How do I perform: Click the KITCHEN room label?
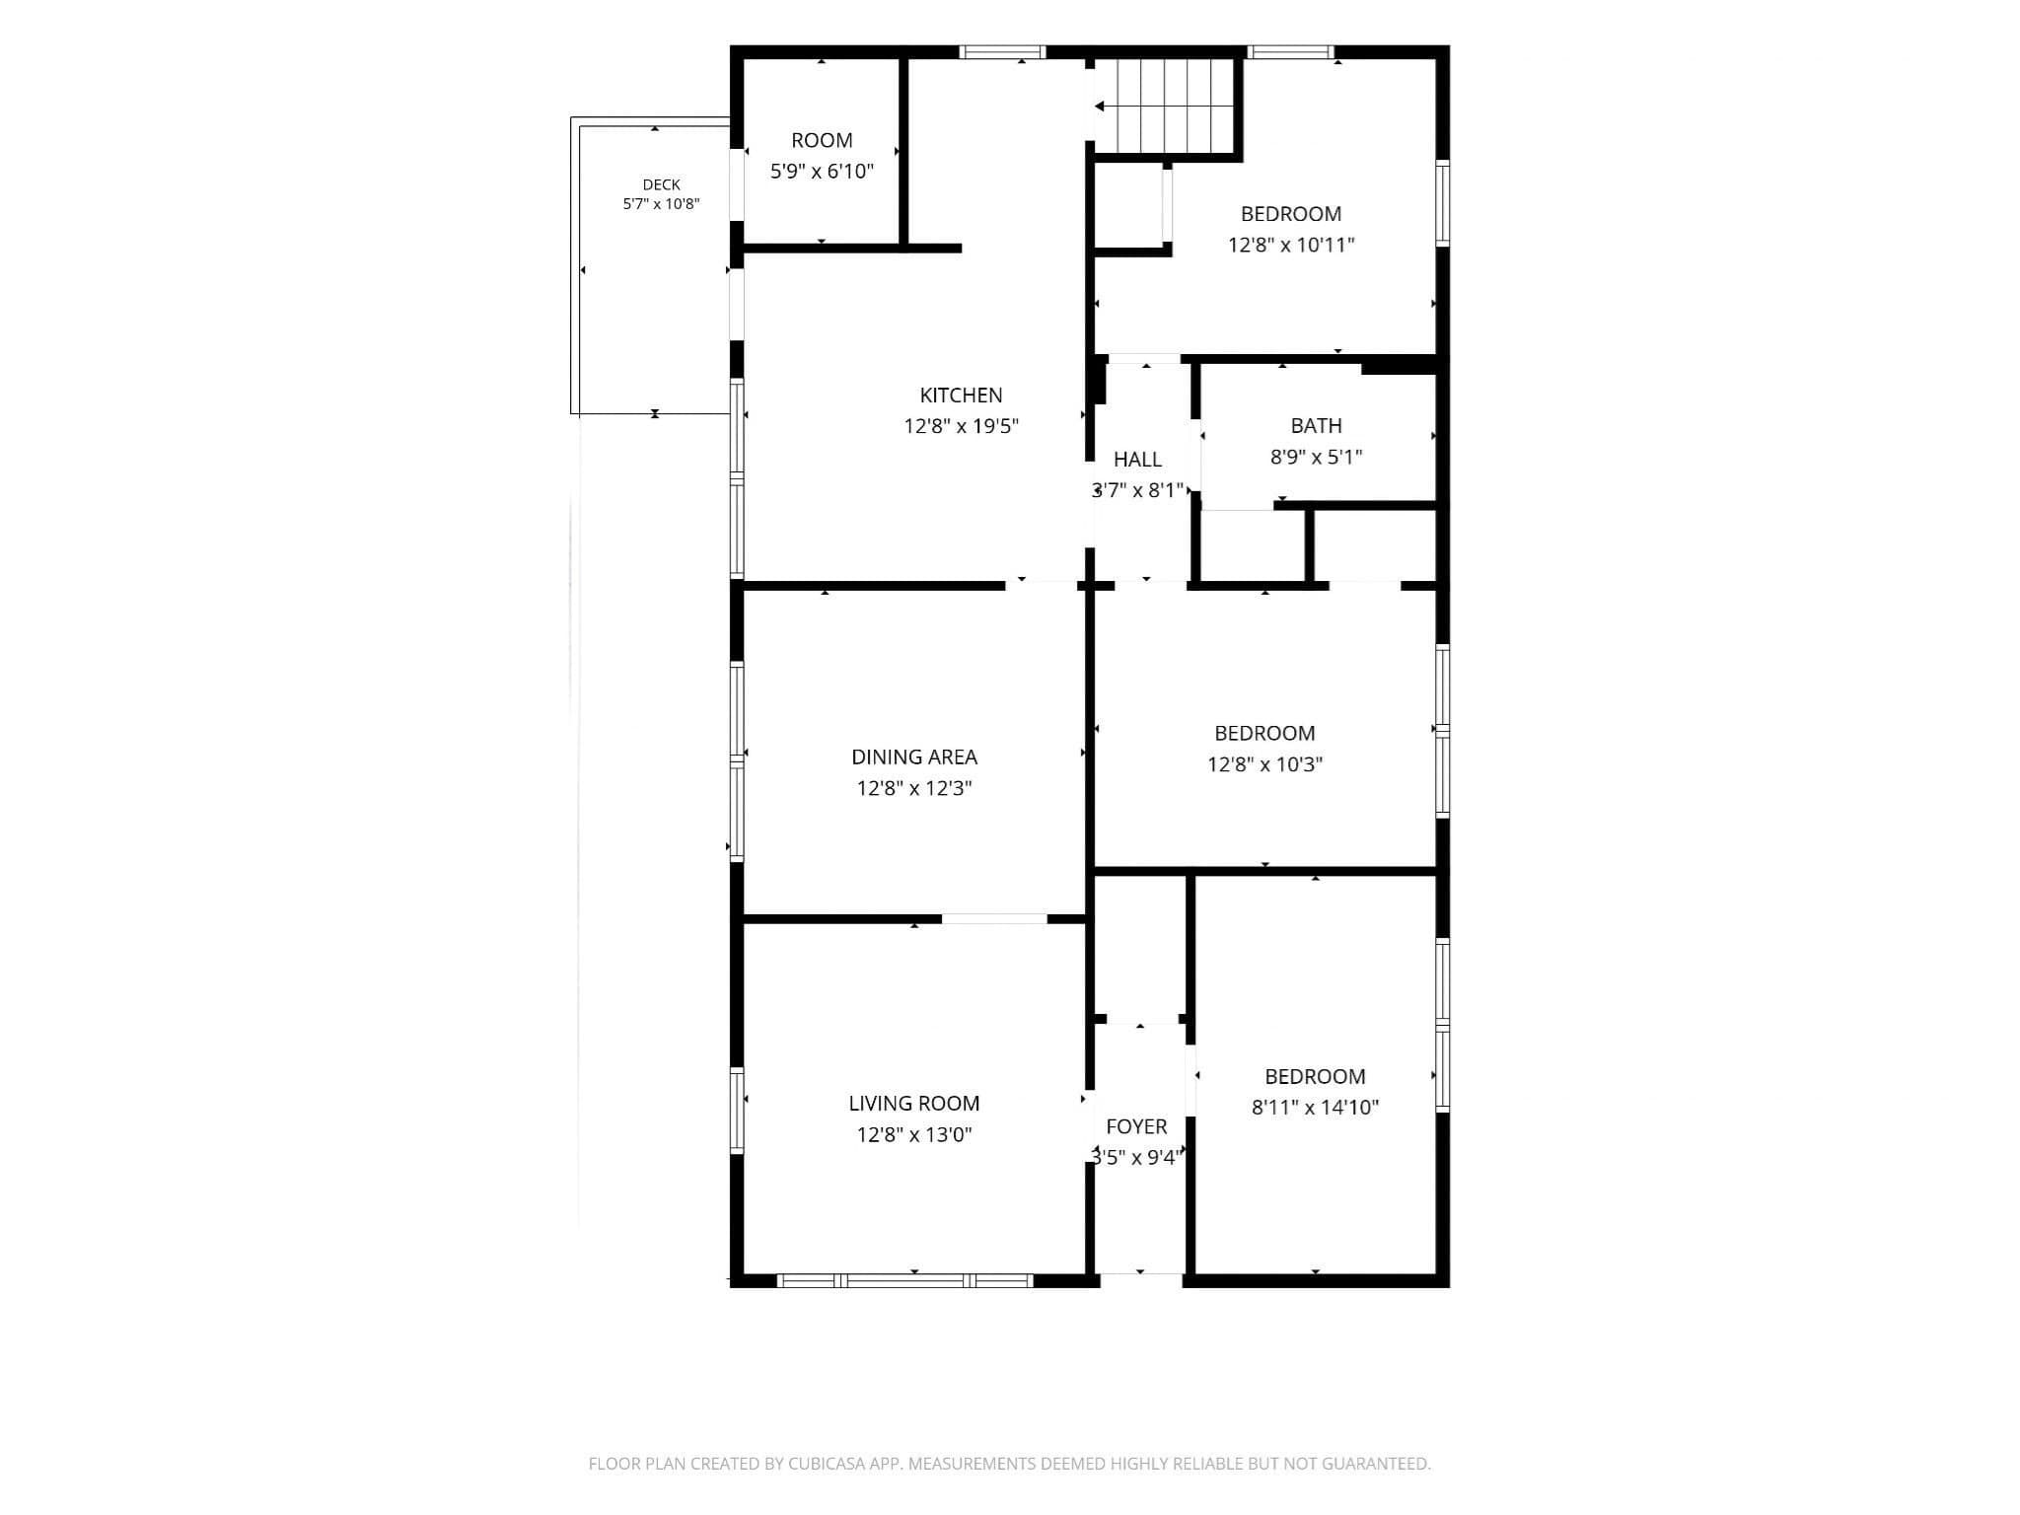[961, 396]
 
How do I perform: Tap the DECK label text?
[661, 184]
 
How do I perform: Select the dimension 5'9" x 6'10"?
[822, 172]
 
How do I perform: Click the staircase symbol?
[1167, 106]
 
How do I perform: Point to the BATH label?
[1316, 426]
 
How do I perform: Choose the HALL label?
[1137, 460]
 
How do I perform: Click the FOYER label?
[1136, 1126]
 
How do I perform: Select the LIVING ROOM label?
[913, 1104]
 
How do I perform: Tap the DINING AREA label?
[914, 757]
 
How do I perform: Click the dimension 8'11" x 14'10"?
[1315, 1108]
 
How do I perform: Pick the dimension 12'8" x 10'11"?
[1290, 245]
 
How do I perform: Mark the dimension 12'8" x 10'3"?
[1264, 764]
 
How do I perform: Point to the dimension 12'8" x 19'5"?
[961, 426]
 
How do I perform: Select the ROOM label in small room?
[822, 141]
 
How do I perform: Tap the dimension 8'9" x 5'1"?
[1316, 457]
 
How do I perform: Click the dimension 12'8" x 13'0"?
[913, 1134]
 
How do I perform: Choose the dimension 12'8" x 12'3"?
[914, 788]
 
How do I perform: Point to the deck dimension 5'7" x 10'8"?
[661, 204]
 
